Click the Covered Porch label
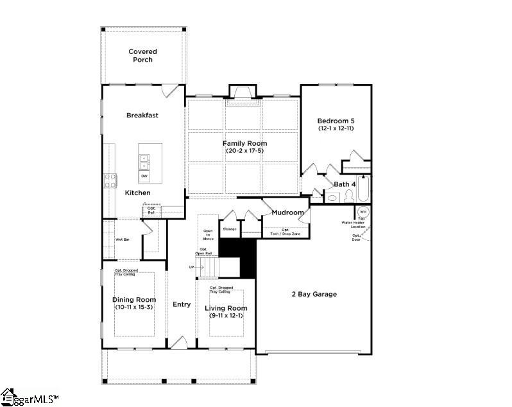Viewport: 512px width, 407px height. pos(142,55)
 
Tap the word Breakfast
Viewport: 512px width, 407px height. pos(142,116)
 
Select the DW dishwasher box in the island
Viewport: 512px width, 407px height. pos(144,176)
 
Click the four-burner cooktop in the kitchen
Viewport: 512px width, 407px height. pos(110,180)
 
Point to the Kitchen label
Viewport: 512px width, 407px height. pos(137,193)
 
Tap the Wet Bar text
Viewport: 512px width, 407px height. pos(123,239)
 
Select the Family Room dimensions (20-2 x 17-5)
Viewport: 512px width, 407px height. pos(244,151)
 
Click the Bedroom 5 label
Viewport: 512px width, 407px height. pos(336,121)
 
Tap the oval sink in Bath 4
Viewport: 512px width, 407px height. pos(332,197)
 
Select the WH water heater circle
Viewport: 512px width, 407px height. pos(363,211)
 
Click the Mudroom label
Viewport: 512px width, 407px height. pos(287,212)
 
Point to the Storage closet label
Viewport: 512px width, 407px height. pos(230,229)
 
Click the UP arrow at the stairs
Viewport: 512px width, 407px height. pos(192,266)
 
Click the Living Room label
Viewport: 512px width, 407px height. pos(226,308)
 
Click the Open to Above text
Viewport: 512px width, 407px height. pos(208,234)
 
